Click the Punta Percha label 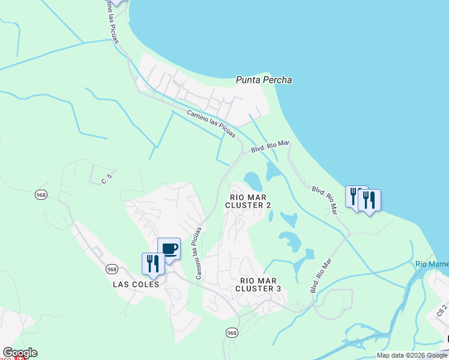coord(264,80)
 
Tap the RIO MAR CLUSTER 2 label coord(248,201)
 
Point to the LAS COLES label coord(136,284)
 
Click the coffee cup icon coord(169,248)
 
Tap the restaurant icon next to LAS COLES coord(152,263)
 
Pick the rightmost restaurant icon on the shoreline coord(369,199)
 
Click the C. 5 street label coord(107,178)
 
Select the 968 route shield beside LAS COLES coord(112,269)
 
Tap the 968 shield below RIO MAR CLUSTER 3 coord(232,332)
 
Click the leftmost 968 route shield coord(41,195)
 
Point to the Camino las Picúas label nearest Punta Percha coord(211,124)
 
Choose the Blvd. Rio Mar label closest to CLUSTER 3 coord(321,275)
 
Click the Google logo coord(20,353)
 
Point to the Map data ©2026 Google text coord(412,355)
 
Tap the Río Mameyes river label coord(432,265)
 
